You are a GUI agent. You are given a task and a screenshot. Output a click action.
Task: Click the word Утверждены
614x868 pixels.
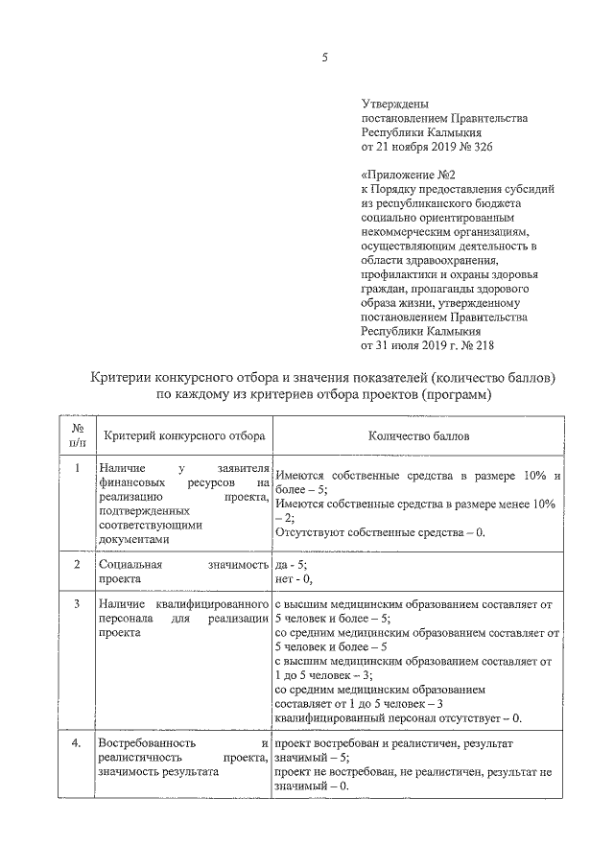pyautogui.click(x=394, y=104)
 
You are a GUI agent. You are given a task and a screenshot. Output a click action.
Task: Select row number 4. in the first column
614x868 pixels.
pyautogui.click(x=78, y=743)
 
